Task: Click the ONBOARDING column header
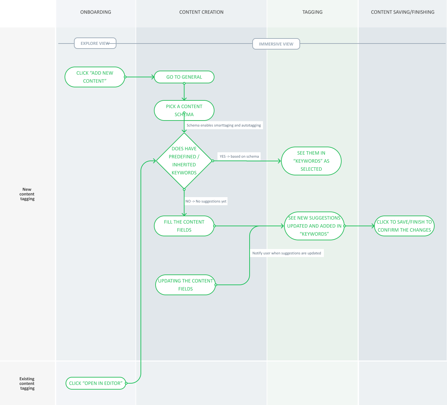pyautogui.click(x=96, y=12)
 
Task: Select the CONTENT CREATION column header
pyautogui.click(x=201, y=12)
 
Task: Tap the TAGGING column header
pyautogui.click(x=312, y=12)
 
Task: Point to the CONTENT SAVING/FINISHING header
pyautogui.click(x=403, y=12)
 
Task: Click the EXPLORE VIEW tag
pyautogui.click(x=95, y=43)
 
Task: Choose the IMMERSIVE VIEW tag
pyautogui.click(x=276, y=44)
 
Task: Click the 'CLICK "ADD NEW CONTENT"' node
pyautogui.click(x=95, y=77)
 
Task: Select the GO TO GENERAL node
pyautogui.click(x=184, y=77)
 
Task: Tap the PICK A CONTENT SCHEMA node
pyautogui.click(x=184, y=110)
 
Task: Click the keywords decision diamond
pyautogui.click(x=184, y=161)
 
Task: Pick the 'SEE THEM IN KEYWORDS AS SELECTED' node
pyautogui.click(x=311, y=161)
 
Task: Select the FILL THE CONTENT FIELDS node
pyautogui.click(x=184, y=226)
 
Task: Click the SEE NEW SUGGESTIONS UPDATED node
pyautogui.click(x=314, y=226)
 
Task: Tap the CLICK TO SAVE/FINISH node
pyautogui.click(x=404, y=226)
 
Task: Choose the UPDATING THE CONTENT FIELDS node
pyautogui.click(x=185, y=285)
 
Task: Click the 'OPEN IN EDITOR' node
pyautogui.click(x=96, y=383)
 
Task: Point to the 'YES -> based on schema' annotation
pyautogui.click(x=239, y=156)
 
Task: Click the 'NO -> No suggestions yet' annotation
pyautogui.click(x=206, y=201)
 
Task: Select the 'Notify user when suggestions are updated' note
pyautogui.click(x=287, y=253)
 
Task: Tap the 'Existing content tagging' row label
pyautogui.click(x=27, y=384)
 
